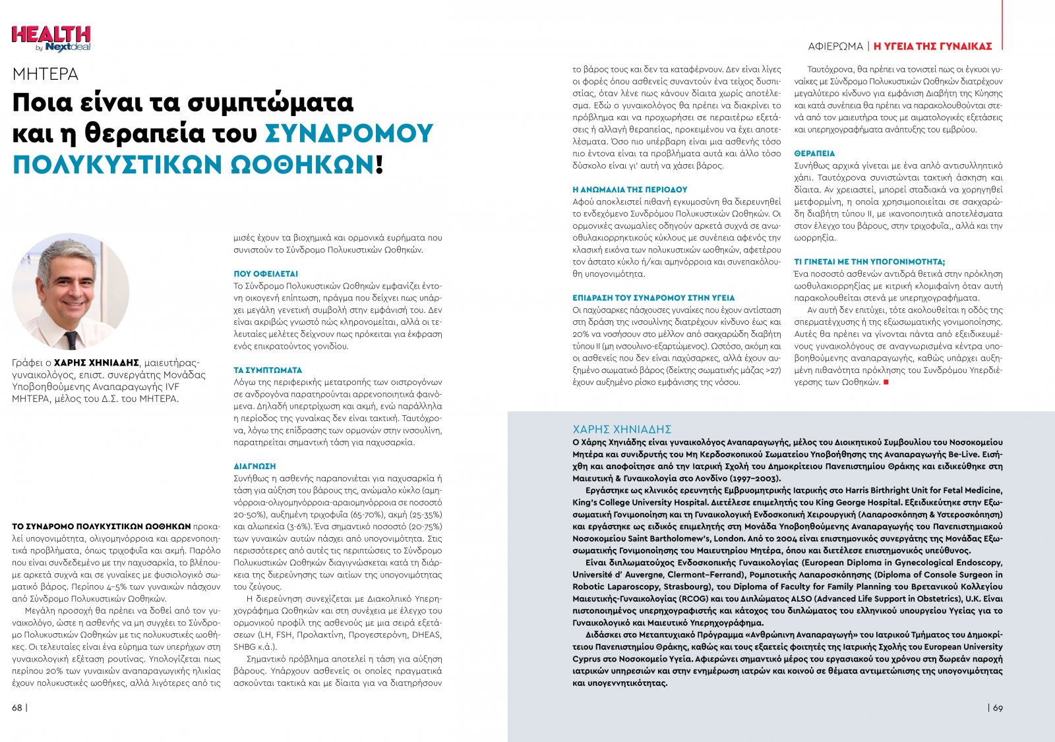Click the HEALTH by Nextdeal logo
[51, 38]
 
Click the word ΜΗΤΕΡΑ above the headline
[45, 74]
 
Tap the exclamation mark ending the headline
[379, 163]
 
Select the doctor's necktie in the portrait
[71, 339]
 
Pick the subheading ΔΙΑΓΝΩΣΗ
[255, 467]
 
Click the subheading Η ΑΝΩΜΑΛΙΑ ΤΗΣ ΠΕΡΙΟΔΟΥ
[630, 190]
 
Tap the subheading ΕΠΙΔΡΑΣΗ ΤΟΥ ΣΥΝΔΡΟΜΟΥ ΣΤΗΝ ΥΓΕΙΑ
[653, 298]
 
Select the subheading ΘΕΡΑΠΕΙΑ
[814, 154]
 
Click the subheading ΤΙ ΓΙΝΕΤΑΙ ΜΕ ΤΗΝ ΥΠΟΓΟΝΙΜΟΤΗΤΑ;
[869, 262]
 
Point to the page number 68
[17, 708]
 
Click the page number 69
[998, 708]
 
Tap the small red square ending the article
[886, 382]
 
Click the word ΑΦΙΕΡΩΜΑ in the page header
[835, 46]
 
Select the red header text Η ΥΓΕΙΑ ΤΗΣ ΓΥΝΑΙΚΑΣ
[932, 46]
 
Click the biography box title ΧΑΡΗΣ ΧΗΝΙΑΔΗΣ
[622, 429]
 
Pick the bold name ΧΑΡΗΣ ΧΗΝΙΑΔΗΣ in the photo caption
[96, 362]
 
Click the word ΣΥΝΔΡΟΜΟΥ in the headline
[349, 134]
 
